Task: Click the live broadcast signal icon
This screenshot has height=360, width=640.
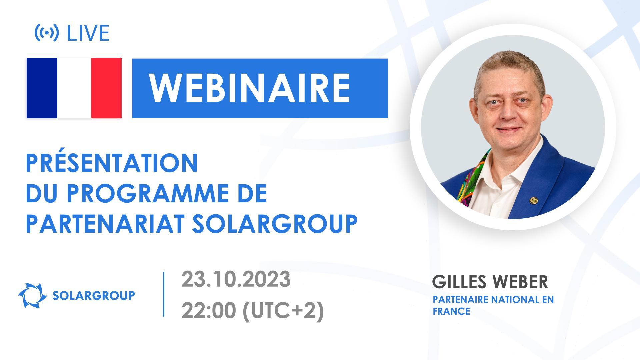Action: (x=47, y=33)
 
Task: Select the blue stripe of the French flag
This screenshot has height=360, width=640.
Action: (x=42, y=88)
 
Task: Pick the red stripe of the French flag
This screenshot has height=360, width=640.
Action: (x=106, y=88)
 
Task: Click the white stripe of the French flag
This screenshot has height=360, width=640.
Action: (x=74, y=88)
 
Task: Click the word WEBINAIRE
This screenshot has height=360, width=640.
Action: (x=250, y=88)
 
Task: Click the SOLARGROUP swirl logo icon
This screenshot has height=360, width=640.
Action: (x=32, y=295)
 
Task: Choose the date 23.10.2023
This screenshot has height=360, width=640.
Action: (x=236, y=279)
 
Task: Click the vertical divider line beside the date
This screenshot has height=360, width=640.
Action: (x=164, y=294)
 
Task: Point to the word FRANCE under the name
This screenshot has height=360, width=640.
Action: (x=451, y=311)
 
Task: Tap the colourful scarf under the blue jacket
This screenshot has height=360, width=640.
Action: (x=470, y=180)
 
